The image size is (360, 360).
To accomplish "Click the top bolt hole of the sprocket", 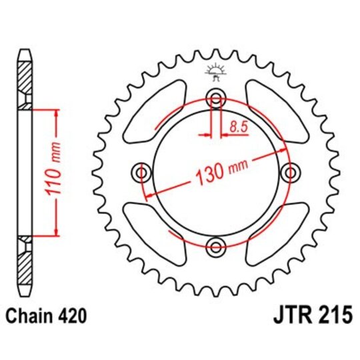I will click(x=215, y=100).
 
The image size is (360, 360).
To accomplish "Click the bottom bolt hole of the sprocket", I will click(x=215, y=247).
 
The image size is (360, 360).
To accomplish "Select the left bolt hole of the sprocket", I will click(x=142, y=173).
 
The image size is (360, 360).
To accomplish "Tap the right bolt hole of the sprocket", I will click(x=289, y=173).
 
